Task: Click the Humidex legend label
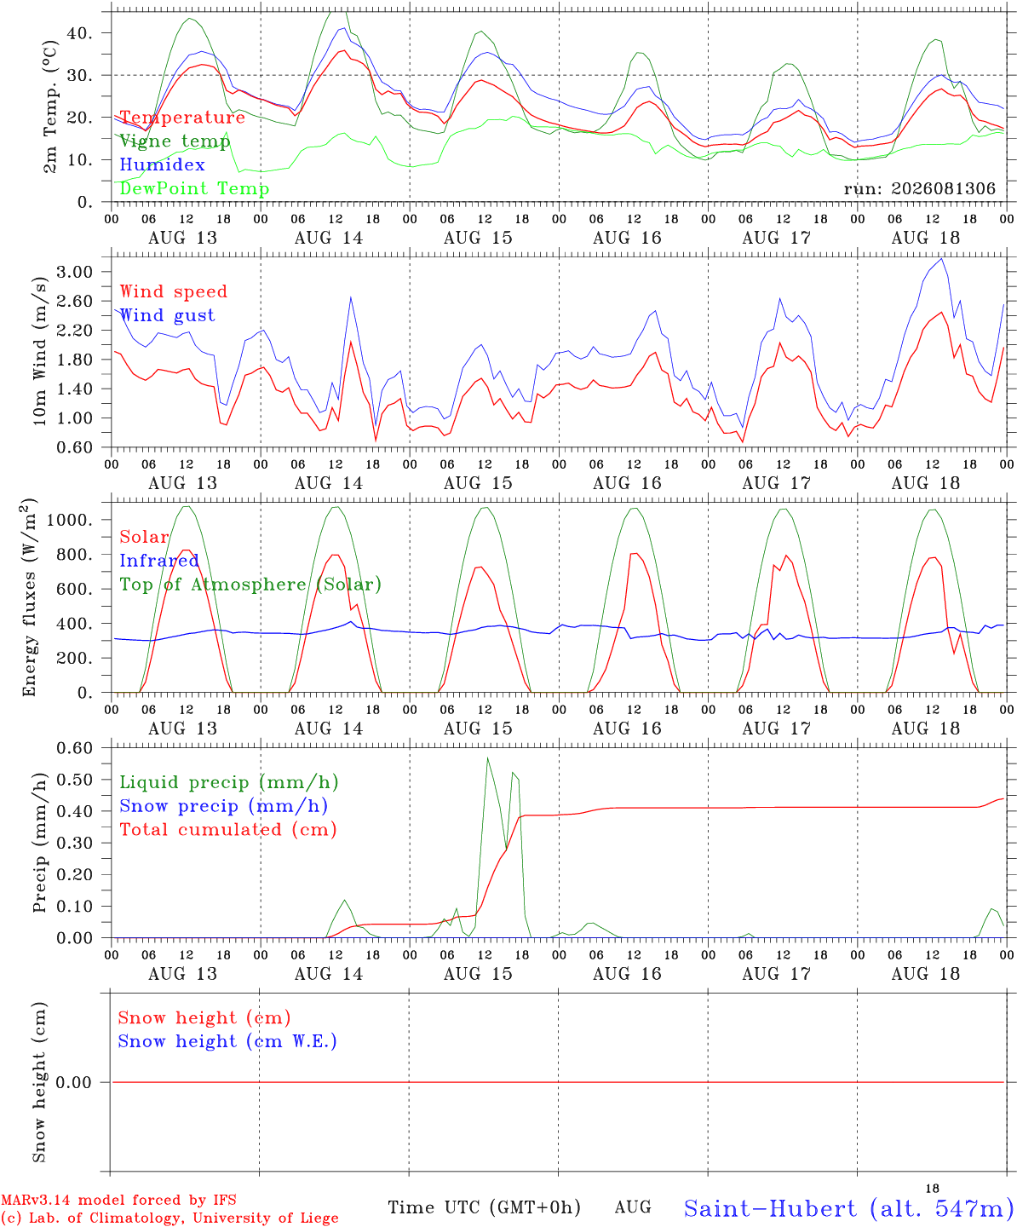click(x=162, y=164)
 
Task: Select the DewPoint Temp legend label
click(x=194, y=188)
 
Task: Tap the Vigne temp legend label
click(x=175, y=141)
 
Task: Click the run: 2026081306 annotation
click(x=919, y=188)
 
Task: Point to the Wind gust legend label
click(x=168, y=315)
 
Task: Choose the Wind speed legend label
click(x=173, y=291)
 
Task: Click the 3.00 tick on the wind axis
click(x=75, y=272)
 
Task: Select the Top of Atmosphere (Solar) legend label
click(x=250, y=585)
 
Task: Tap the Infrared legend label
click(x=159, y=561)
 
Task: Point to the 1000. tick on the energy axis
click(x=70, y=520)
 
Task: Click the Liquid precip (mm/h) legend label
click(x=229, y=783)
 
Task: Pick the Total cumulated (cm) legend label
click(x=228, y=830)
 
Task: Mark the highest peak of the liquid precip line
click(x=488, y=758)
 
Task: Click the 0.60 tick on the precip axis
click(x=75, y=748)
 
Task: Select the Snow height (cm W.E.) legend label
click(x=227, y=1041)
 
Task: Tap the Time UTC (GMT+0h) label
click(x=484, y=1207)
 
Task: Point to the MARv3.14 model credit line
click(x=118, y=1200)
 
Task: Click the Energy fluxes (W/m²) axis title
click(x=29, y=597)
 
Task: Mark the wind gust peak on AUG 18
click(x=942, y=258)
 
